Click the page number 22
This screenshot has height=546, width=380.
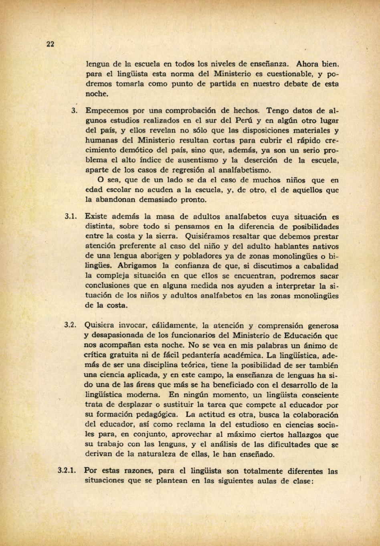[50, 44]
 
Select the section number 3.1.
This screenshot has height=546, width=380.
[71, 217]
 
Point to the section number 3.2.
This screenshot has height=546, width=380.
[71, 325]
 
